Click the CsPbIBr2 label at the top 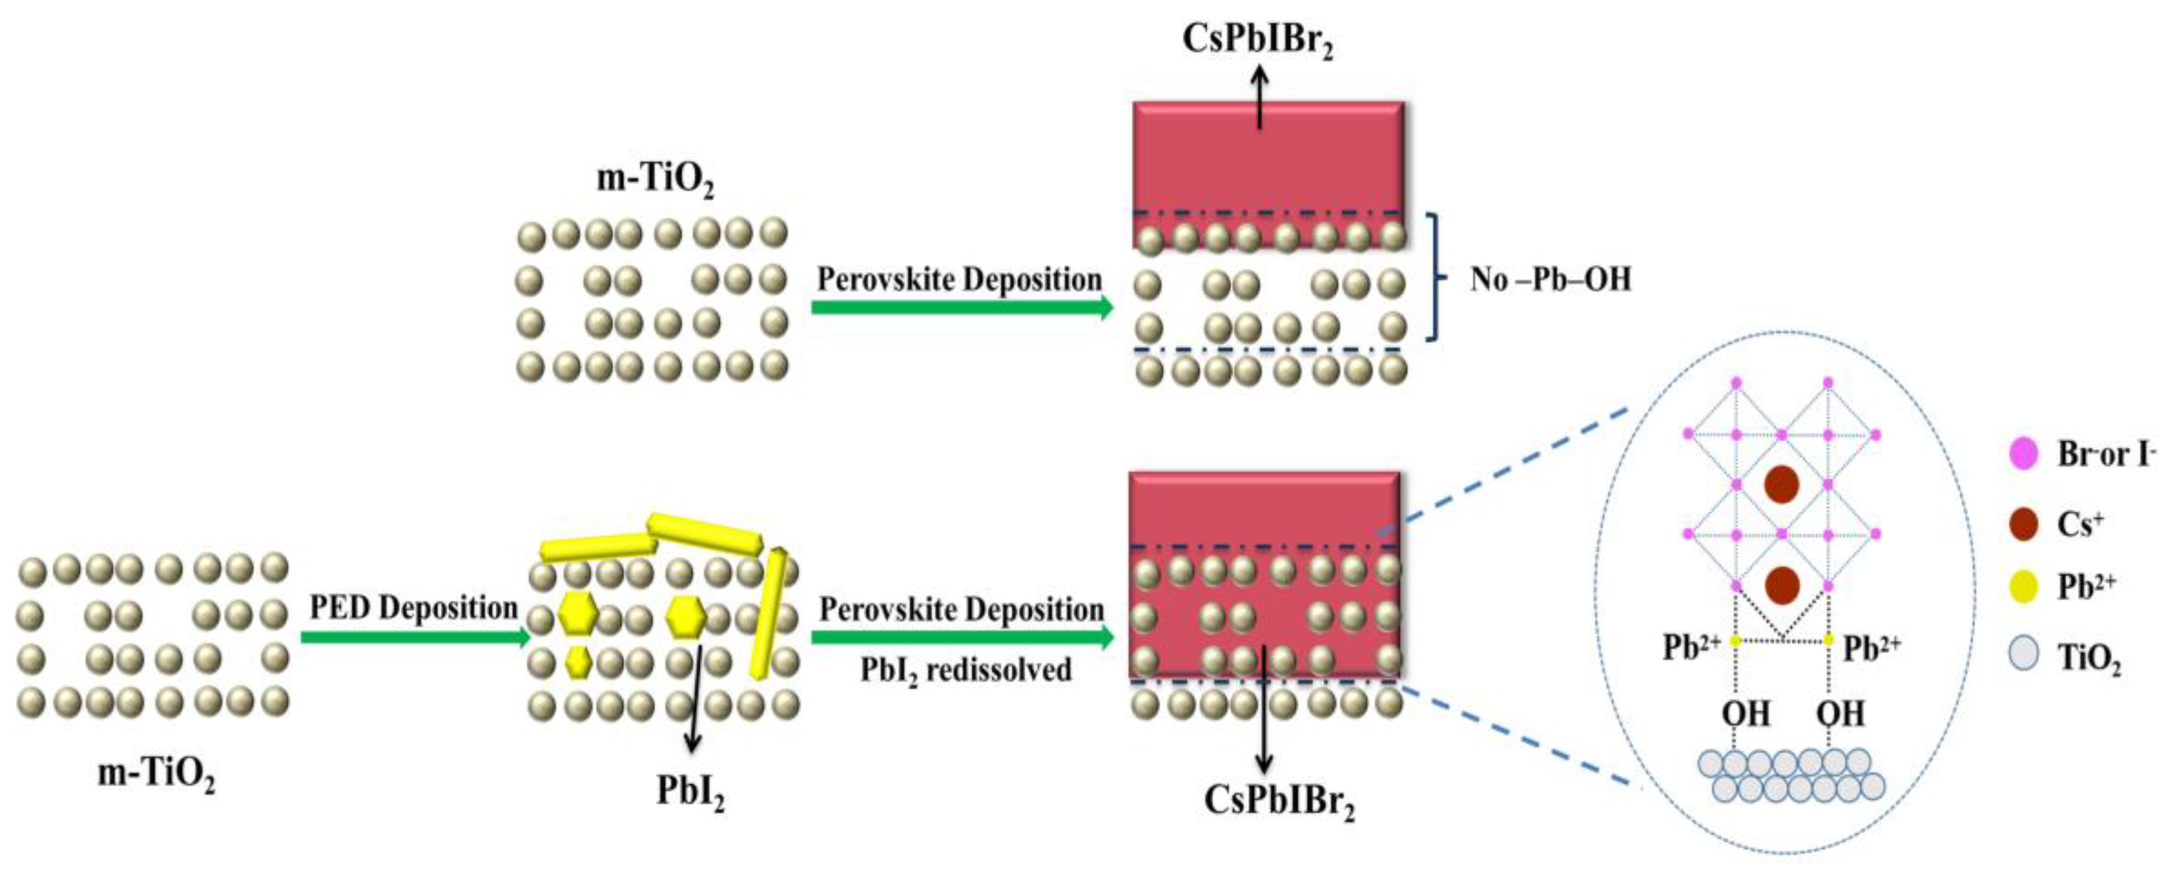(x=1257, y=39)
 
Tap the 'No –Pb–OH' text (x=1550, y=279)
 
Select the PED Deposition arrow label (x=413, y=607)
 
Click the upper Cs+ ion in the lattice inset (x=1781, y=485)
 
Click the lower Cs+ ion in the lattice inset (x=1781, y=585)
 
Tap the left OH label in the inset (x=1746, y=714)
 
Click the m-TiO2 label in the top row (x=655, y=179)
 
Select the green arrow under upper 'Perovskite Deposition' (x=961, y=308)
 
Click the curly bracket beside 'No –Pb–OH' (x=1436, y=277)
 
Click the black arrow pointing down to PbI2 (x=695, y=697)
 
